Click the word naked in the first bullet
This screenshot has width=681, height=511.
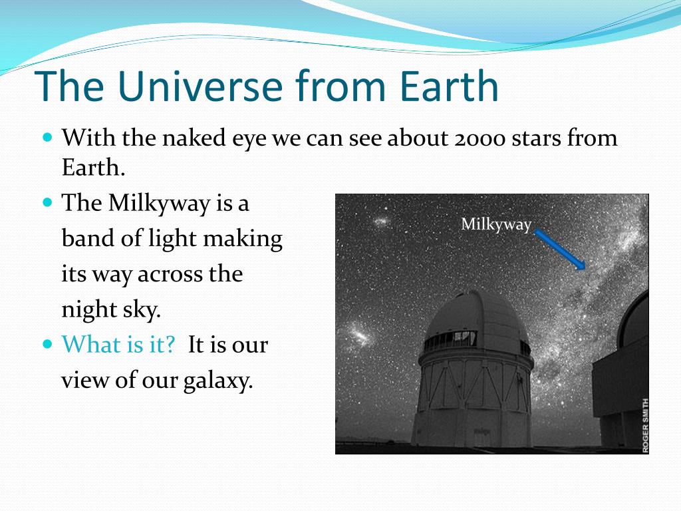[x=194, y=138]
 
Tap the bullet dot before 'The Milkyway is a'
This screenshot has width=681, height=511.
[x=48, y=202]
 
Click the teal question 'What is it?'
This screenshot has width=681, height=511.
[x=118, y=345]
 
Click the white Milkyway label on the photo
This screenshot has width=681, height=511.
[x=496, y=225]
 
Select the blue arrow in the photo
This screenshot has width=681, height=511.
[x=560, y=250]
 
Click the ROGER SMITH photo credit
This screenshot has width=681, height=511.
[x=645, y=425]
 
